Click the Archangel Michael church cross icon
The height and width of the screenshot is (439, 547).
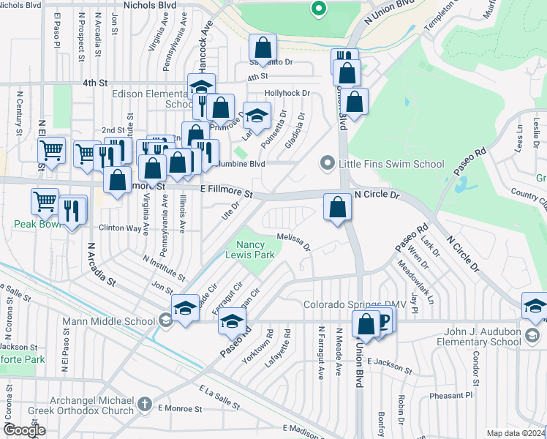(x=145, y=404)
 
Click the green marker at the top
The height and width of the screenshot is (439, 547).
(x=317, y=10)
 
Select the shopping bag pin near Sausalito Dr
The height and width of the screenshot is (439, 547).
(x=263, y=49)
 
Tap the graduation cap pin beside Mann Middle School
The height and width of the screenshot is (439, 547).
(x=185, y=307)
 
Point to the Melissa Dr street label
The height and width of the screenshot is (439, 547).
(x=293, y=241)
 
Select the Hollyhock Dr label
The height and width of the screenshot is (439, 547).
(x=287, y=94)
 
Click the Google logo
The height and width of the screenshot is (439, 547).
(x=24, y=430)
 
